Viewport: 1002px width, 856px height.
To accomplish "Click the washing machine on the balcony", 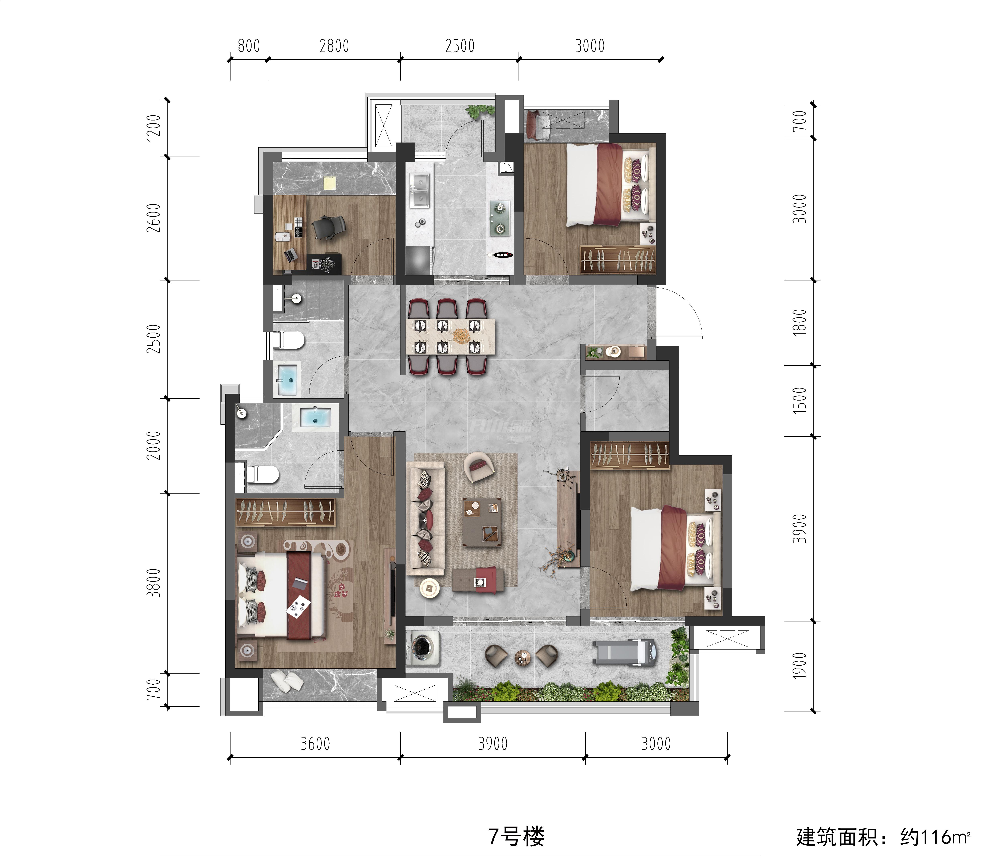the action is coord(423,648).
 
